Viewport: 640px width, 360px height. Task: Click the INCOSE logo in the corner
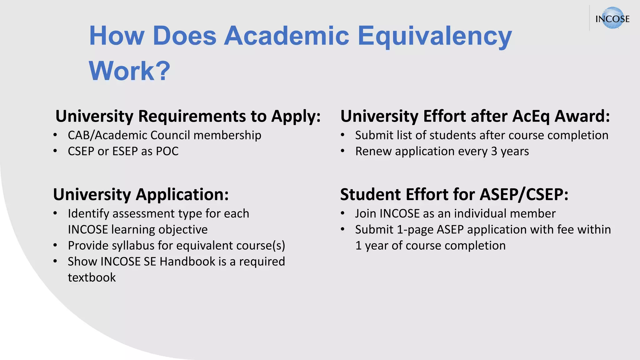(612, 18)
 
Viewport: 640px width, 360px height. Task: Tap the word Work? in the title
(129, 71)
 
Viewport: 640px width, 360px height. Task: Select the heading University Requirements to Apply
(188, 116)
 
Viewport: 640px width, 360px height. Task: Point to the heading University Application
(141, 194)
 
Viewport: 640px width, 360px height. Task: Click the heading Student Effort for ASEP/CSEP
(454, 194)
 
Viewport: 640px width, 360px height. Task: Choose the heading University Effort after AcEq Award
(475, 116)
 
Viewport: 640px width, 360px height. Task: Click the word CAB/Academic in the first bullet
(107, 135)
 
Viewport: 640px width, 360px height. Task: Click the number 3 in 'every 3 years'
(494, 151)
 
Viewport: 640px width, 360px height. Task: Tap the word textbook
(92, 277)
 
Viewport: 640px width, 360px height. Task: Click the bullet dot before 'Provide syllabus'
(55, 245)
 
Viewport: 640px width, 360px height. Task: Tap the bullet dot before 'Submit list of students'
(342, 135)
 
